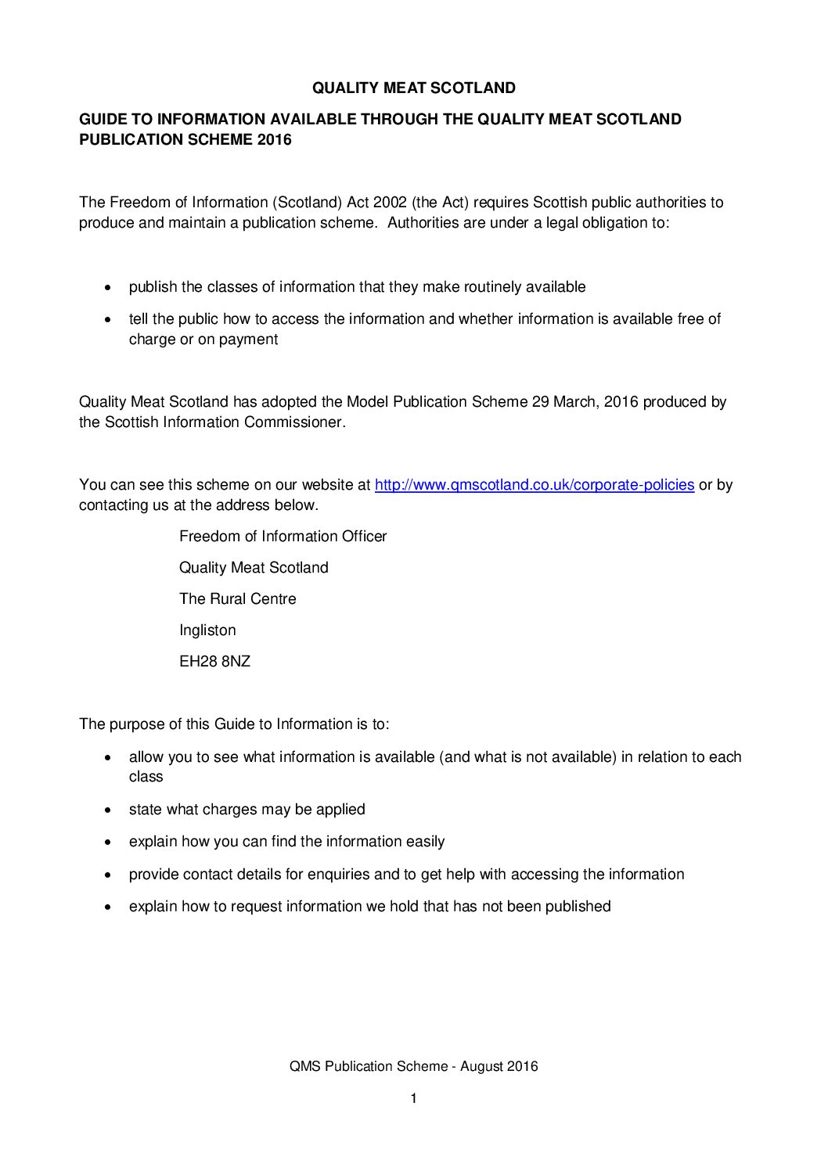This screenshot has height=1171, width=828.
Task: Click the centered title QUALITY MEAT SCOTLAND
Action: coord(413,88)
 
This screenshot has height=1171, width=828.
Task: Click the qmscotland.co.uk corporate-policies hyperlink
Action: coord(535,485)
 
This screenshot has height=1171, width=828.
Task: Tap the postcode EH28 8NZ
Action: coord(214,662)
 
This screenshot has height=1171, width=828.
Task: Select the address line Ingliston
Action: coord(207,630)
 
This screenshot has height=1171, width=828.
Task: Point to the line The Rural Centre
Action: coord(237,599)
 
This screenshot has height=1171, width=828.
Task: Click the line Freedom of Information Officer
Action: coord(283,537)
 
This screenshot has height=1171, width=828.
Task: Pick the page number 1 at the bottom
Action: coord(413,1099)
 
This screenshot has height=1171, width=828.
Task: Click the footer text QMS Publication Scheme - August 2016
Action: coord(413,1066)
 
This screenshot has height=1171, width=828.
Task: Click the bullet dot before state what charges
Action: coord(109,810)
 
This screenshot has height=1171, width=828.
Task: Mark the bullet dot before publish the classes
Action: coord(109,288)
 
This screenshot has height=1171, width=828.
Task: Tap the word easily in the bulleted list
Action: coord(425,842)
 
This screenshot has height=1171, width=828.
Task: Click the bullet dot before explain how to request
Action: coord(109,907)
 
